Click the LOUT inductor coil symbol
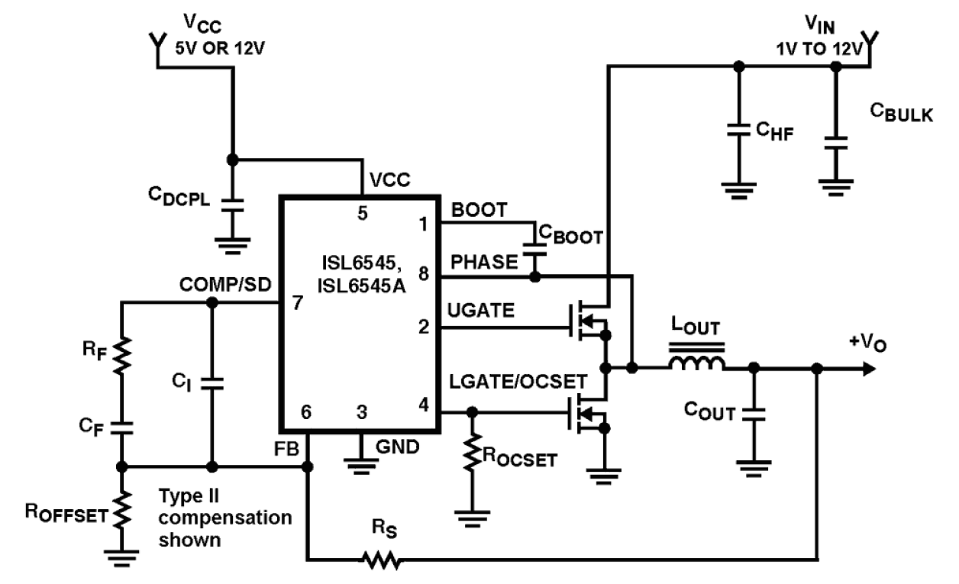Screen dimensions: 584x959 tap(697, 363)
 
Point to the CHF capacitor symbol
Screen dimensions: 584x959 tap(738, 131)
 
